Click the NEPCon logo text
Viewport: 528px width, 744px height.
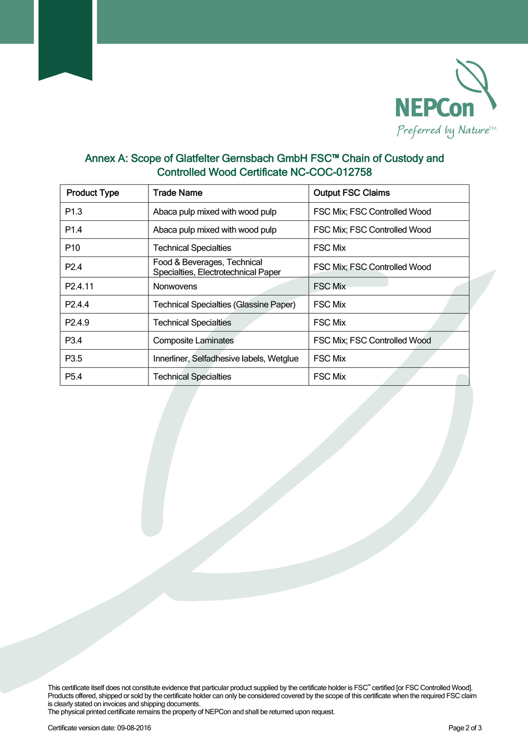434,108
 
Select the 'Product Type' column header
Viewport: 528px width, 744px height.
93,193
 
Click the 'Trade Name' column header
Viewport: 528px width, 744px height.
178,193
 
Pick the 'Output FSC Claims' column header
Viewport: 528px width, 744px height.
351,193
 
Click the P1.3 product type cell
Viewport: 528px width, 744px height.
74,212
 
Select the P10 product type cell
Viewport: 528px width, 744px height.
73,248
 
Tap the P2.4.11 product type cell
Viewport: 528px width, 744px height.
79,286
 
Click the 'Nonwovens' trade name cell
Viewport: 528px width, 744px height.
175,286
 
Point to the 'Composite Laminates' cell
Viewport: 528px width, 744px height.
193,341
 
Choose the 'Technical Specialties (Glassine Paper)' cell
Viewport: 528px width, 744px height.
224,304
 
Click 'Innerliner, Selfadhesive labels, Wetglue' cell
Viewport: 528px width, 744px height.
226,359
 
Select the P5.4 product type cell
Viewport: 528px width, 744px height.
74,377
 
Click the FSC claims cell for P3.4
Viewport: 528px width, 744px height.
372,341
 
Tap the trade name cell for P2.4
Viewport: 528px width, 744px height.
217,267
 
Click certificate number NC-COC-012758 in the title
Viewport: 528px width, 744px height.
331,172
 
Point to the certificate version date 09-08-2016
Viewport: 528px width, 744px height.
134,728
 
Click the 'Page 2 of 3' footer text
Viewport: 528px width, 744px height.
465,728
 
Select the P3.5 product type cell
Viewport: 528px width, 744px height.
74,359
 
